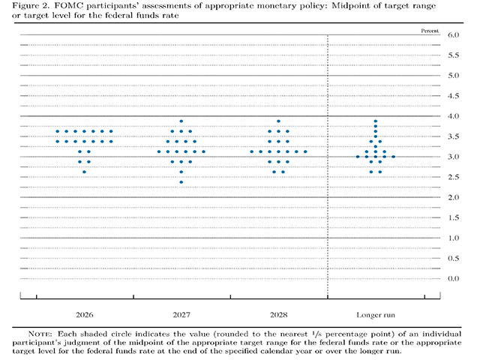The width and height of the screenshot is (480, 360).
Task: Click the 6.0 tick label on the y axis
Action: point(453,35)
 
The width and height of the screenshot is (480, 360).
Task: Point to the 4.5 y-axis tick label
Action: point(453,96)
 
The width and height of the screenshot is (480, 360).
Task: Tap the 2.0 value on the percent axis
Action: point(453,197)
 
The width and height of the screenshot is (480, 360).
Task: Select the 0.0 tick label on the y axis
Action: point(453,278)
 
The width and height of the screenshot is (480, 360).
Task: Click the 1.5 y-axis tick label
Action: point(453,217)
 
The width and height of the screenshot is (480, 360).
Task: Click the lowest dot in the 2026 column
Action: point(84,172)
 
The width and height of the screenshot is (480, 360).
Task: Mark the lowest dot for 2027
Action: point(181,182)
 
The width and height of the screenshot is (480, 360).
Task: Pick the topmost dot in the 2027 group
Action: point(181,121)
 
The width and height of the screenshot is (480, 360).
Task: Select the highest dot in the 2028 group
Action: point(278,121)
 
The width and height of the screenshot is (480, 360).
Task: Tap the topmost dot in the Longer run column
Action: point(375,121)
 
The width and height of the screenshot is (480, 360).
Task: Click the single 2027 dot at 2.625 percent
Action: point(181,172)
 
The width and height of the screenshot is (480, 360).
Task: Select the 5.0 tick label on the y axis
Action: point(453,76)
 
